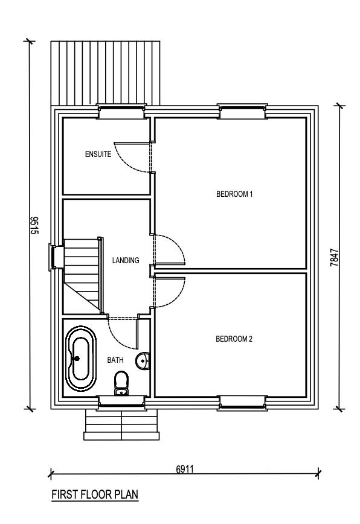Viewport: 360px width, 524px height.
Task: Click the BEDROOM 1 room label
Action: [234, 194]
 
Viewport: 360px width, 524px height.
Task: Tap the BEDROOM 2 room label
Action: [234, 339]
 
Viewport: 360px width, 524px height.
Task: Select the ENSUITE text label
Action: [98, 155]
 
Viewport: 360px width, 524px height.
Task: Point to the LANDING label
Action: [126, 261]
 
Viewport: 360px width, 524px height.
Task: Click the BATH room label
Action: [115, 360]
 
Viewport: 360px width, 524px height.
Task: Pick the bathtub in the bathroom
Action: [79, 358]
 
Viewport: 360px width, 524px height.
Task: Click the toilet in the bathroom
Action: [121, 383]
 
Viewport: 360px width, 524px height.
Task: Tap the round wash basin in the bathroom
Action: [144, 361]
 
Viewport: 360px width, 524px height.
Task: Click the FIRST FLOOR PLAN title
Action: [95, 495]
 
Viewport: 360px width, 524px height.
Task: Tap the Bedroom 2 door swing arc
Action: [171, 291]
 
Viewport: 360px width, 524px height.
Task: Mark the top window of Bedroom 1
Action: [242, 112]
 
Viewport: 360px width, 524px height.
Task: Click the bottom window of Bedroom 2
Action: [242, 401]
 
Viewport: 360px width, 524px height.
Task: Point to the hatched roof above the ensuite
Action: [105, 72]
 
